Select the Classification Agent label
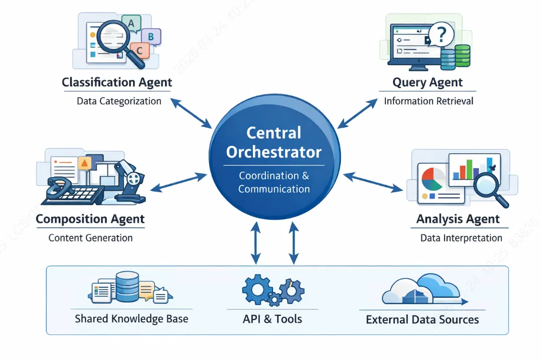click(x=117, y=82)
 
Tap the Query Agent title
click(x=428, y=82)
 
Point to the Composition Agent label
click(x=90, y=219)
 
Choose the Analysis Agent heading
click(x=458, y=219)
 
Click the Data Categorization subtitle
click(x=119, y=101)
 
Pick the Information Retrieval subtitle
click(x=429, y=101)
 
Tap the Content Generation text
click(x=90, y=237)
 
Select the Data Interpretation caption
click(x=461, y=237)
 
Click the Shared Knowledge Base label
click(x=131, y=319)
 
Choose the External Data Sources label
click(x=423, y=319)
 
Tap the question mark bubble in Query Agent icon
click(x=441, y=35)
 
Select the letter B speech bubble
click(x=151, y=36)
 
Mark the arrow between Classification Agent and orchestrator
click(x=191, y=112)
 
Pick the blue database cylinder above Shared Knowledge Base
click(x=127, y=287)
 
